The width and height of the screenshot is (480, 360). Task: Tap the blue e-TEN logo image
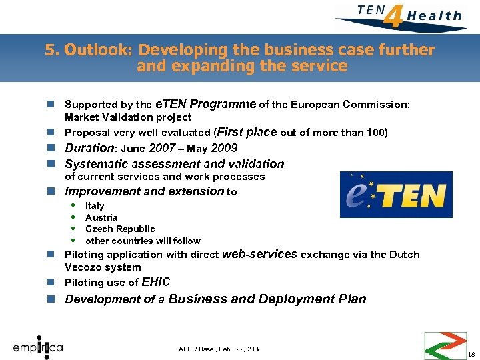pos(396,195)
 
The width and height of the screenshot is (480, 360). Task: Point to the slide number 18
pos(471,354)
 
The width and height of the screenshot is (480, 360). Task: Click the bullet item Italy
pos(95,205)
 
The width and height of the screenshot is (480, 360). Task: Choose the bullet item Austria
pos(101,217)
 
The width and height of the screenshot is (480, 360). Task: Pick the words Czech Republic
pos(120,229)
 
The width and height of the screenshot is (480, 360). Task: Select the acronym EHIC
pos(156,282)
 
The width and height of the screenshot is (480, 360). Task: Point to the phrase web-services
pos(259,253)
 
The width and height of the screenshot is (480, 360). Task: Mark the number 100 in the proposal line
pos(375,132)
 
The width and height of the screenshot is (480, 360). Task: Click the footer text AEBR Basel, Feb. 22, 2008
pos(220,349)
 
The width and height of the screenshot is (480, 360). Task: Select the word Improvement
pos(102,191)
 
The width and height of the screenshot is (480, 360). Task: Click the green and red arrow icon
pos(445,345)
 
